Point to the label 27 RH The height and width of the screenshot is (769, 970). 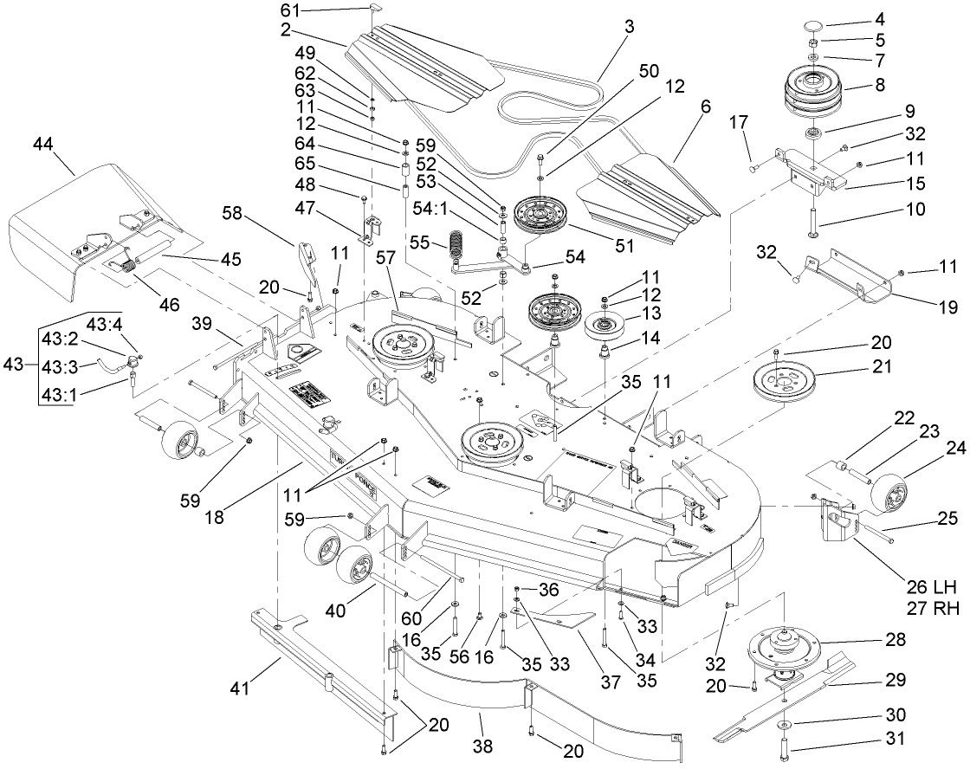point(930,610)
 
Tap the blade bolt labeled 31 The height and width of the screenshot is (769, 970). point(785,742)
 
